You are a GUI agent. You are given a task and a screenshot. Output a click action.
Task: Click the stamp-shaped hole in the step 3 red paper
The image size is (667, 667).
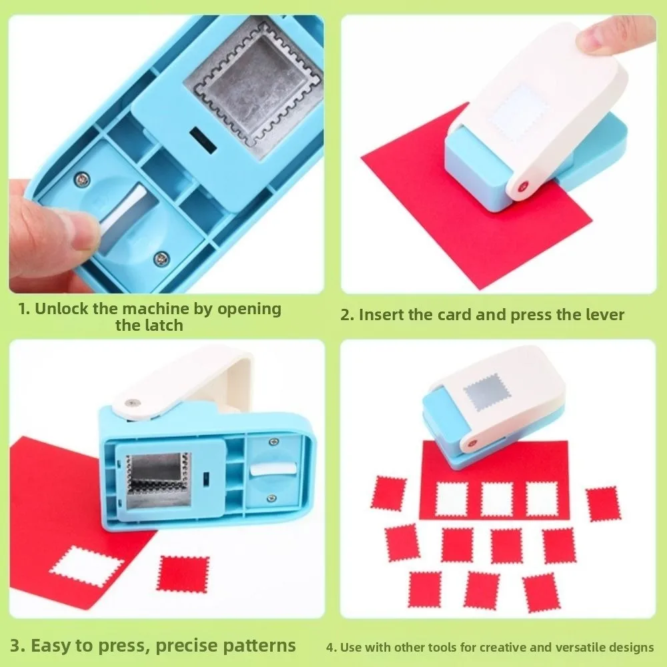(x=87, y=567)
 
